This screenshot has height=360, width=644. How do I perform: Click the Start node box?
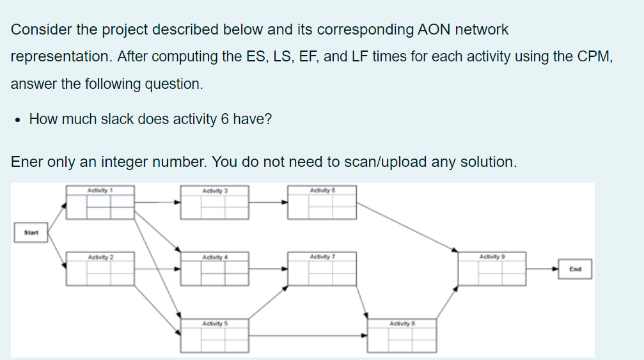(31, 233)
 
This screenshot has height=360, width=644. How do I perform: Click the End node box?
(575, 269)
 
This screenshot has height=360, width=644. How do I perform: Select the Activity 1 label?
(100, 190)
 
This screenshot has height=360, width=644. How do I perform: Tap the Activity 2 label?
(100, 257)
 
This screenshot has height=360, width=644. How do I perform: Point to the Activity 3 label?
(214, 190)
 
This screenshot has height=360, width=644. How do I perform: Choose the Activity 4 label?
(214, 257)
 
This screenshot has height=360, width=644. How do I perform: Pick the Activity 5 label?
(214, 324)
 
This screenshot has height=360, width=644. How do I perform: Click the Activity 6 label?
(322, 190)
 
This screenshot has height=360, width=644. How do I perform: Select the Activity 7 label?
(322, 257)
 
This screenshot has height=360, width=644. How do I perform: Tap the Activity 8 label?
(402, 324)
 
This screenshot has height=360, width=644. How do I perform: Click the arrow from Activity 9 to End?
(542, 269)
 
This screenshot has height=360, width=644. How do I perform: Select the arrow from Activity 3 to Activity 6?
(267, 203)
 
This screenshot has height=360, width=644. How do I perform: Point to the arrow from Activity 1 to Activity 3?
(157, 203)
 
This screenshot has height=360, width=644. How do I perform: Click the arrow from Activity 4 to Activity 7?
(267, 269)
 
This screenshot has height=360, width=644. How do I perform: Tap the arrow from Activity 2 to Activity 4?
(157, 269)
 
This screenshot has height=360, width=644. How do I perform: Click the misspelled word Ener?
(27, 162)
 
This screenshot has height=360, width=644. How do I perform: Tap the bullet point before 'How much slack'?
(18, 120)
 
